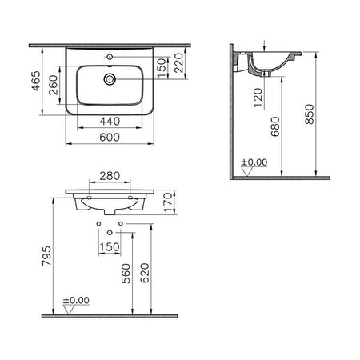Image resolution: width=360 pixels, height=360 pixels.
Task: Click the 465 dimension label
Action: (x=36, y=81)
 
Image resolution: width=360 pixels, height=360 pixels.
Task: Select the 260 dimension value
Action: (x=54, y=85)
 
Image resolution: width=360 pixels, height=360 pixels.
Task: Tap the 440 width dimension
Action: (x=110, y=122)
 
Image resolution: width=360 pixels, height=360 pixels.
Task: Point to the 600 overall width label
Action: (x=110, y=138)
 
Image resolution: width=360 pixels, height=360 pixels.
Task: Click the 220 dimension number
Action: (x=178, y=63)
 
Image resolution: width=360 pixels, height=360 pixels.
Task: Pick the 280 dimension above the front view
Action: (x=110, y=176)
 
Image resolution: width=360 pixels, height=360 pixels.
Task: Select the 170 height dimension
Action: (x=168, y=202)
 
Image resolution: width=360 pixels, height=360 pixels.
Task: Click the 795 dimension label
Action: (x=46, y=256)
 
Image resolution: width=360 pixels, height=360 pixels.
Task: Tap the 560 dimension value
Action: (x=126, y=274)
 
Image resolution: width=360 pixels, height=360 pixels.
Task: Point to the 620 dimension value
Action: (x=145, y=273)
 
